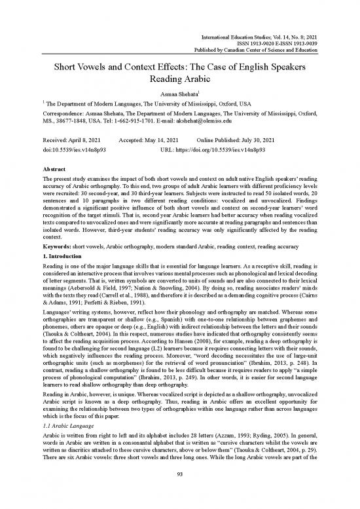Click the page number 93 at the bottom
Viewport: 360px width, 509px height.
click(180, 491)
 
